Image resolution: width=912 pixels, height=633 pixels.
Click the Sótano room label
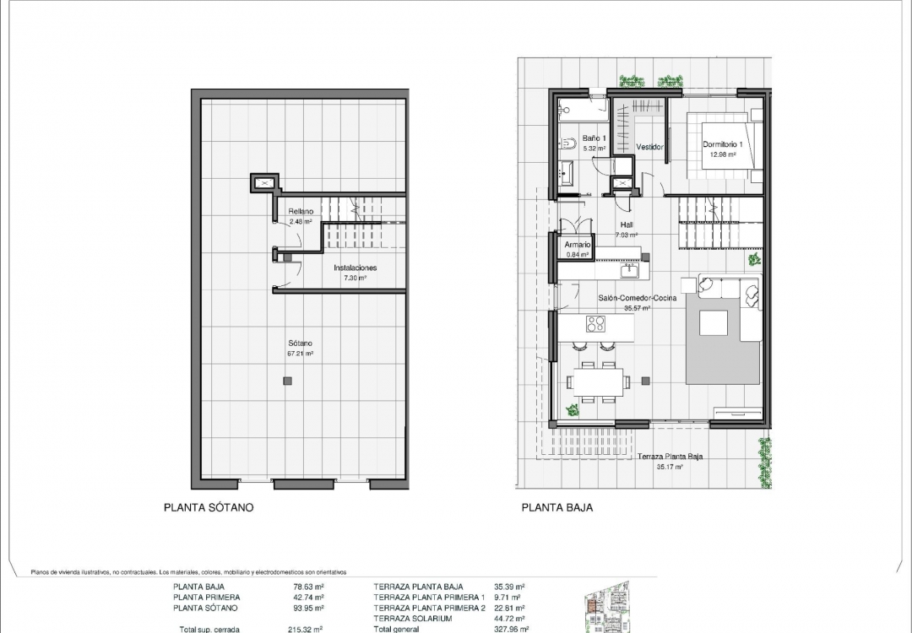[x=300, y=344]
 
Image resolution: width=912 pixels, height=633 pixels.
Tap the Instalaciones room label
[x=355, y=268]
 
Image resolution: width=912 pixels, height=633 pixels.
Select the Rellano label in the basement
[x=301, y=212]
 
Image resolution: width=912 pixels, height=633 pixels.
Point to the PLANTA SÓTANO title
[x=208, y=508]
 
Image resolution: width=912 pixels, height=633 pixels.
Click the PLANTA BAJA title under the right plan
[x=556, y=508]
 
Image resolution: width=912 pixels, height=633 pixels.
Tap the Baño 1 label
[x=594, y=138]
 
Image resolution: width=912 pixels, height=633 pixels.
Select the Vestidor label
[x=649, y=147]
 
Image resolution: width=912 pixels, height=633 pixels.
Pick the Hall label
[x=627, y=225]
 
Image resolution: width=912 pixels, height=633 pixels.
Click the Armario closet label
[x=578, y=245]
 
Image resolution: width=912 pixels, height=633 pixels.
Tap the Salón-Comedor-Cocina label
[x=637, y=299]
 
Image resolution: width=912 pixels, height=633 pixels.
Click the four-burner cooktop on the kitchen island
[x=596, y=323]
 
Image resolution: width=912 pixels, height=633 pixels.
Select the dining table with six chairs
[x=599, y=381]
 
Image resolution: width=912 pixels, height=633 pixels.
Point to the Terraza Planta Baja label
[x=670, y=457]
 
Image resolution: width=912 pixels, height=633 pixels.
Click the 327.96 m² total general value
[x=511, y=629]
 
